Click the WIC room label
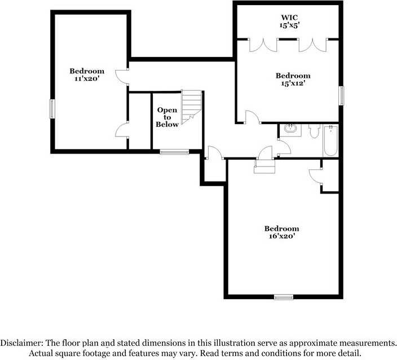tap(288, 17)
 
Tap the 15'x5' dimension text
tap(288, 25)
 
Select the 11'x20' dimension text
tap(87, 79)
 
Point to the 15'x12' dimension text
tap(293, 84)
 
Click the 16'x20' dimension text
tap(281, 236)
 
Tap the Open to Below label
tap(167, 117)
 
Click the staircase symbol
tap(192, 104)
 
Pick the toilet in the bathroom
tap(314, 131)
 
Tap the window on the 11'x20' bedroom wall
tap(52, 108)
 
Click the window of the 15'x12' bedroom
tap(341, 95)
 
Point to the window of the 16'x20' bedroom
tap(284, 297)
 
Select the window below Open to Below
tap(174, 151)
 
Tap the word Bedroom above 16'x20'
tap(281, 229)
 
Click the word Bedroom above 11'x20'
tap(87, 71)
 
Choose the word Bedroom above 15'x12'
tap(293, 76)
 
